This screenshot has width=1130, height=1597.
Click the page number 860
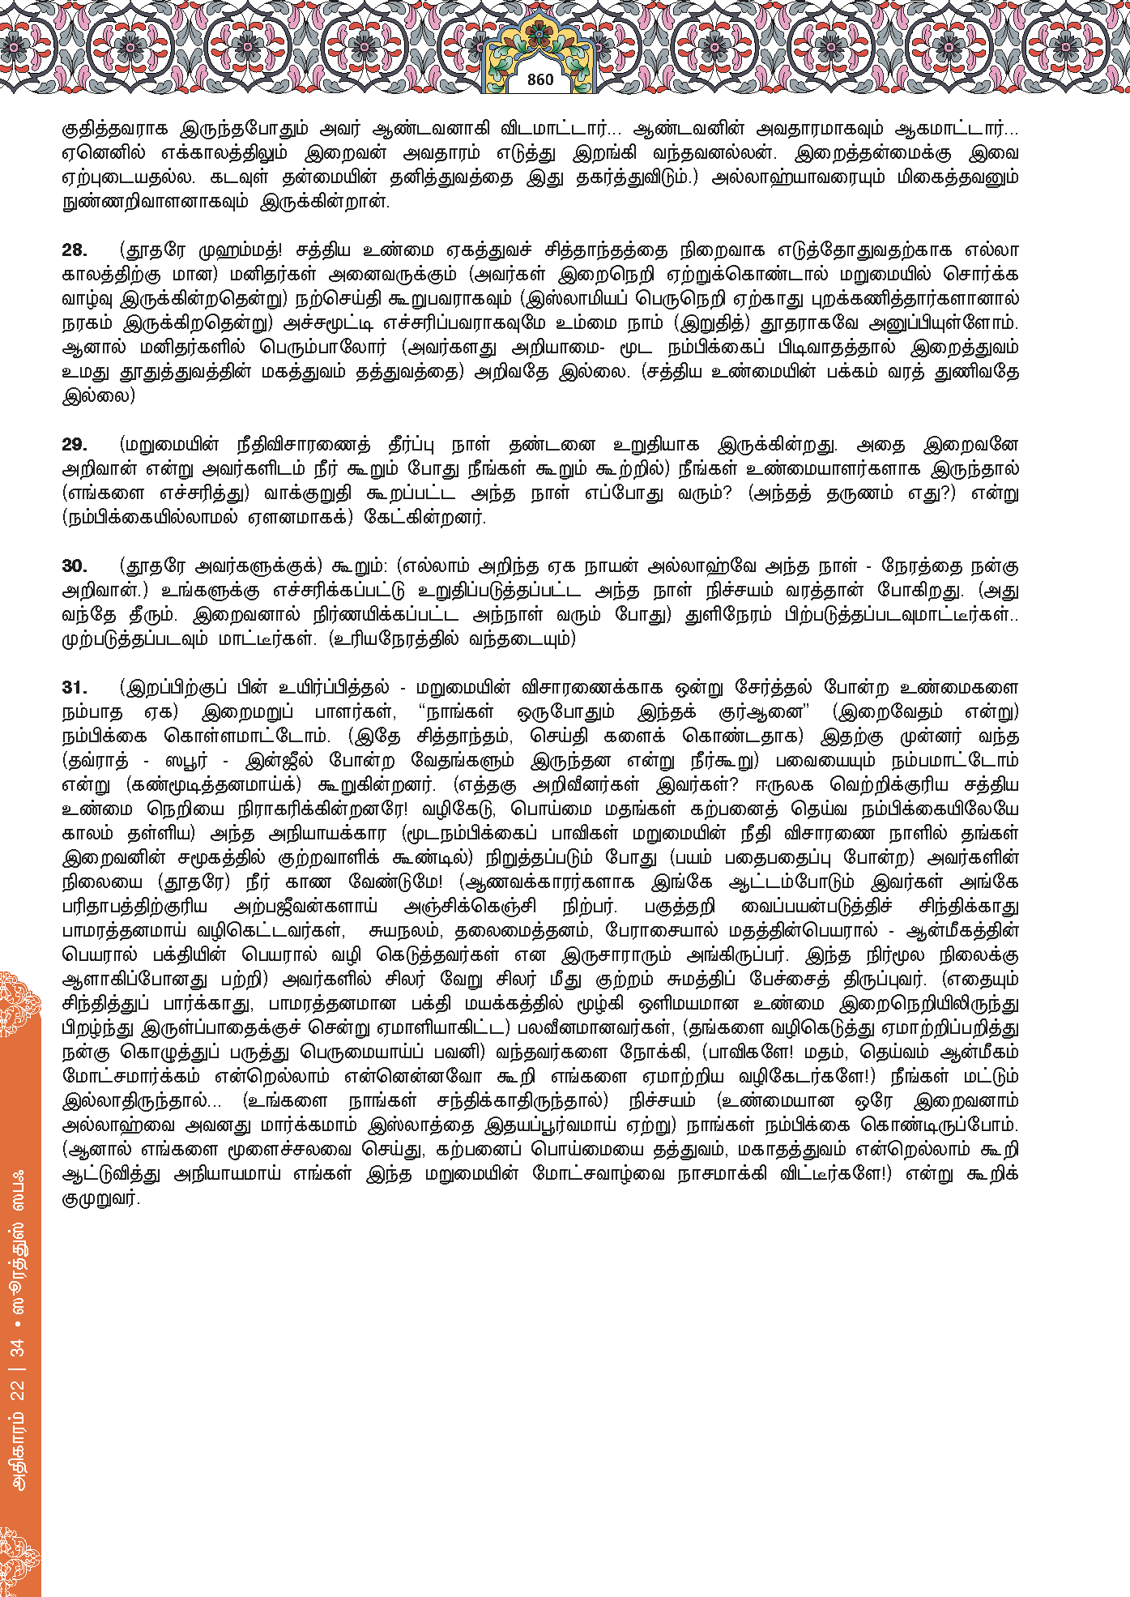(x=540, y=79)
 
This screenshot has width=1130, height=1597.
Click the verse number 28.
(x=75, y=250)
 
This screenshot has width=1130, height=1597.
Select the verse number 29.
(x=75, y=445)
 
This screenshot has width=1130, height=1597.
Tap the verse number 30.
(x=75, y=566)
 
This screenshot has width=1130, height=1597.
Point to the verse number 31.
(x=75, y=688)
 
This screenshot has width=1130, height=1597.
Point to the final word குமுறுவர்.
(x=100, y=1198)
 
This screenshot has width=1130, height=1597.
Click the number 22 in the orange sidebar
(x=18, y=1391)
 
